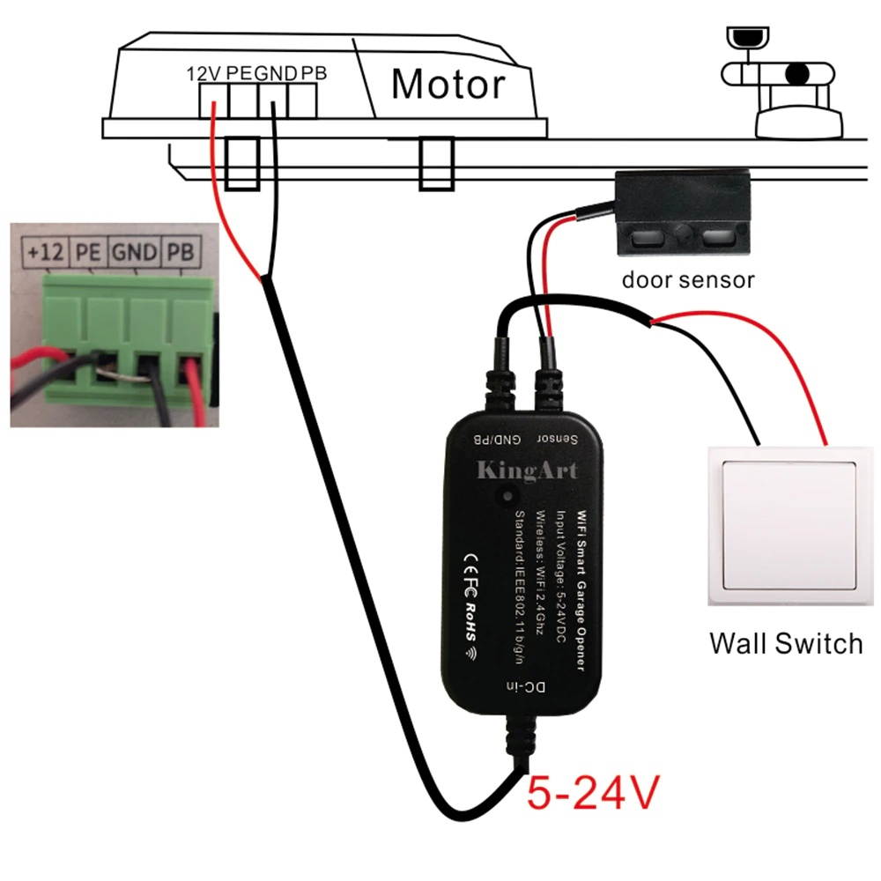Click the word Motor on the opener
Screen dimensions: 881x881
coord(448,85)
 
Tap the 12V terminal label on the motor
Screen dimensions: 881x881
coord(205,73)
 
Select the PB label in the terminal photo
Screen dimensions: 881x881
coord(181,253)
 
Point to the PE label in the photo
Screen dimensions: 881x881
coord(87,253)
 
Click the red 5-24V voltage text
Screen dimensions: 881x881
coord(592,792)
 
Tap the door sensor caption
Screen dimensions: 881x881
coord(688,280)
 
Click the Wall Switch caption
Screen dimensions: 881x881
coord(785,642)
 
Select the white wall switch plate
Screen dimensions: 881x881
coord(782,526)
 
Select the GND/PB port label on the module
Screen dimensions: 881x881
coord(499,439)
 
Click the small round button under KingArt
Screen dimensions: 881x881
coord(508,497)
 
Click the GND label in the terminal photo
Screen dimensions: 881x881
coord(134,253)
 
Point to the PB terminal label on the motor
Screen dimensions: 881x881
coord(314,73)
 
